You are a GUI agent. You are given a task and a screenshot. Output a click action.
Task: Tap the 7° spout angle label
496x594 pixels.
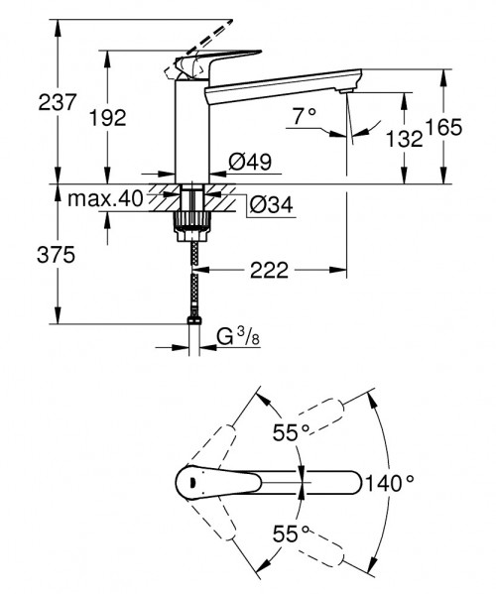pos(304,116)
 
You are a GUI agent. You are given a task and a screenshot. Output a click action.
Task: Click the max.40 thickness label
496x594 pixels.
pos(106,199)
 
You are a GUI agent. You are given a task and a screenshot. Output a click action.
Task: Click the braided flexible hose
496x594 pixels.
pos(191,278)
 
